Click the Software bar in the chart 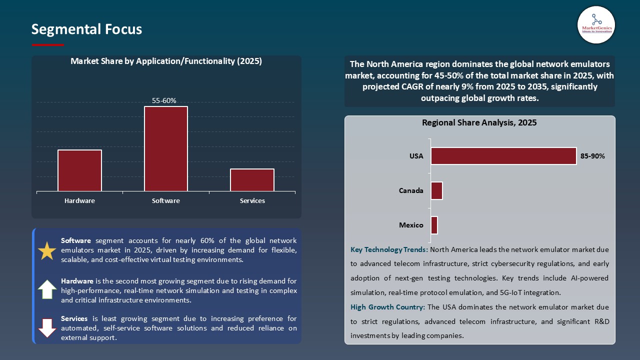[x=166, y=148]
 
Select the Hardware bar [x=79, y=170]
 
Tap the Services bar [x=252, y=180]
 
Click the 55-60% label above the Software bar [x=164, y=100]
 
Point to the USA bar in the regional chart [x=503, y=156]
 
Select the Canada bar [x=436, y=190]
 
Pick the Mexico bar [x=434, y=225]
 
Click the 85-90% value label [x=592, y=156]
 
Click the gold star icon [x=47, y=251]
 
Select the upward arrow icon [x=47, y=289]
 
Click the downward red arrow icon [x=47, y=327]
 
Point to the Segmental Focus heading [x=86, y=29]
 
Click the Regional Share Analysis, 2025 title [x=479, y=122]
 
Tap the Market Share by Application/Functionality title [x=166, y=61]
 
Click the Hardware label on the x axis [x=79, y=200]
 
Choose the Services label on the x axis [x=252, y=200]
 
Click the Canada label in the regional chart [x=411, y=190]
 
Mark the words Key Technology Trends [x=389, y=249]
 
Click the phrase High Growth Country [x=387, y=307]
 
